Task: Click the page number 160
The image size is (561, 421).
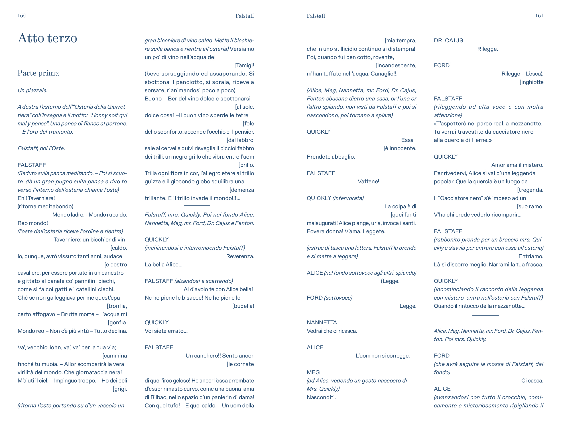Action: [x=22, y=16]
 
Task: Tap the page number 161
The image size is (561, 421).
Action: [x=539, y=16]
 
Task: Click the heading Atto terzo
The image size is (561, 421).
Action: [x=47, y=38]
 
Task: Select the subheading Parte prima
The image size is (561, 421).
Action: [x=38, y=73]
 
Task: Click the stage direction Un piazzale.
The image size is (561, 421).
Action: [x=33, y=90]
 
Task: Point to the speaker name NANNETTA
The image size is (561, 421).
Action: [x=322, y=323]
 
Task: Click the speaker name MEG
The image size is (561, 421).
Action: [x=313, y=372]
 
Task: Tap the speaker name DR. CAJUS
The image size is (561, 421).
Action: [x=448, y=41]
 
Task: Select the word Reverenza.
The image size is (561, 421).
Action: [x=240, y=256]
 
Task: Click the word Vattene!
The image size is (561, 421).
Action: [x=368, y=182]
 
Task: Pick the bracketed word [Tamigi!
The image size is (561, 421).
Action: [x=244, y=65]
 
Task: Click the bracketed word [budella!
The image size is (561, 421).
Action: [x=243, y=306]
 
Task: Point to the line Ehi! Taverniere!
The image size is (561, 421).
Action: [x=36, y=198]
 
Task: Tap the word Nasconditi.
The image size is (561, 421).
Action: [x=321, y=397]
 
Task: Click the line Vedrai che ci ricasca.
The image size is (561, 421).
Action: [x=332, y=331]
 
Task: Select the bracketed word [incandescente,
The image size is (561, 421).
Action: [x=396, y=65]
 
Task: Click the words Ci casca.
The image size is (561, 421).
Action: [x=532, y=381]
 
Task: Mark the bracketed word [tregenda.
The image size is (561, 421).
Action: [x=530, y=190]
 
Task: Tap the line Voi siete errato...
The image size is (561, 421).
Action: [x=166, y=331]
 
